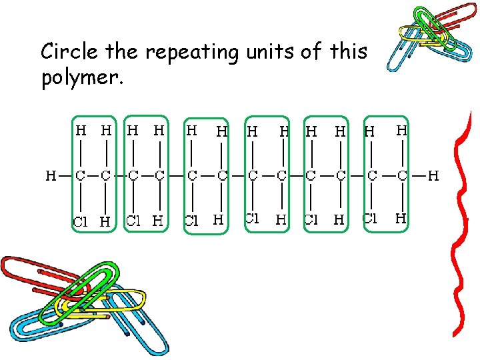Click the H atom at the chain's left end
click(x=51, y=176)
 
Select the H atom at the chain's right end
click(x=433, y=176)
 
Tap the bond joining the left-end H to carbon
click(x=65, y=176)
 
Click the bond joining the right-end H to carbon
click(x=418, y=176)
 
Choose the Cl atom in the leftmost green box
click(x=80, y=222)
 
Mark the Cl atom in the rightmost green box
click(x=371, y=218)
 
